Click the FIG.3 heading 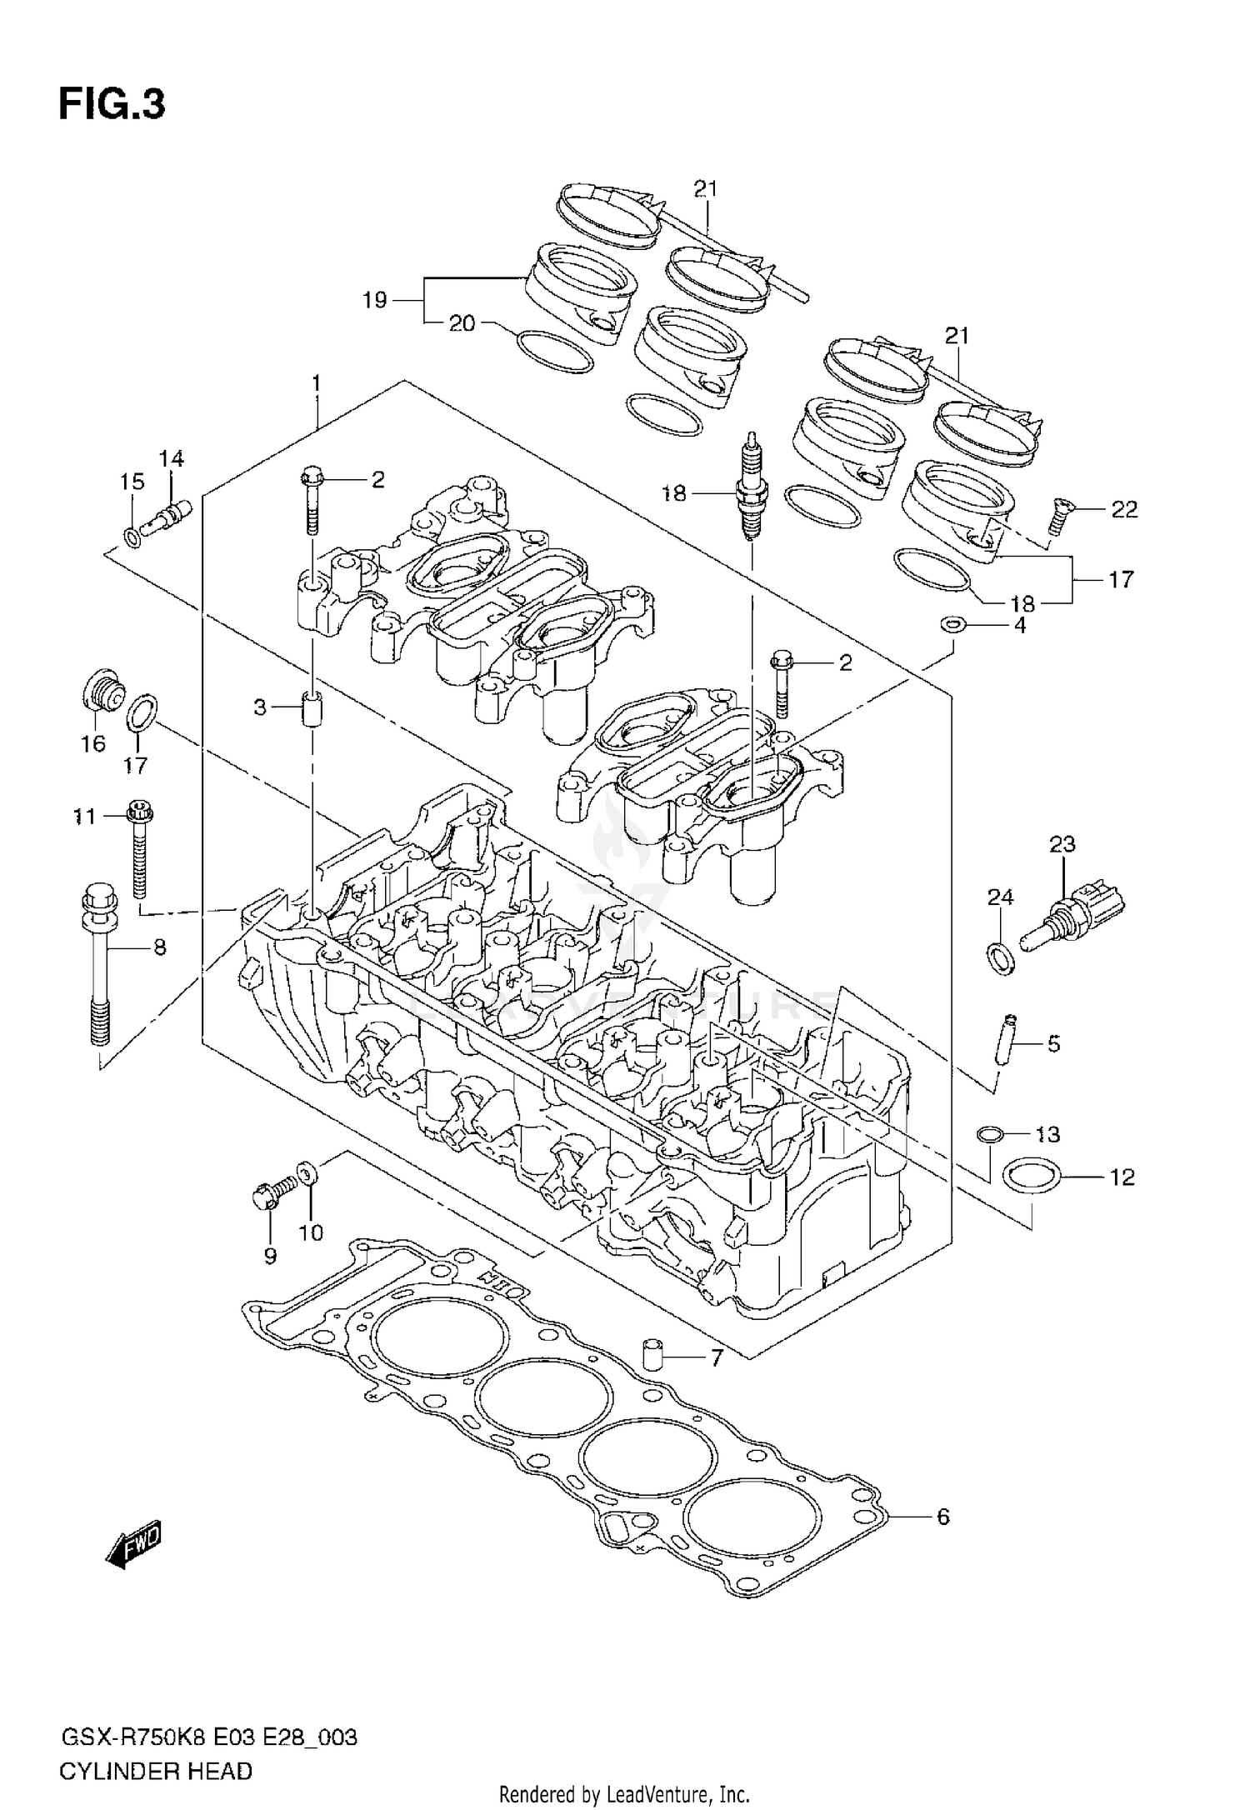tap(112, 105)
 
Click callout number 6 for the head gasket tap(942, 1517)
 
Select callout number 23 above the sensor tap(1062, 844)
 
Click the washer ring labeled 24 tap(1001, 958)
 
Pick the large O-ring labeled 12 tap(1032, 1177)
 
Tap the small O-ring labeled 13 tap(988, 1134)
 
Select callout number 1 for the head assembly tap(317, 383)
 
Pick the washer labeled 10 tap(307, 1176)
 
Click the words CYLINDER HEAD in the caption tap(155, 1764)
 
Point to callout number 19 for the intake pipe tap(375, 299)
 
